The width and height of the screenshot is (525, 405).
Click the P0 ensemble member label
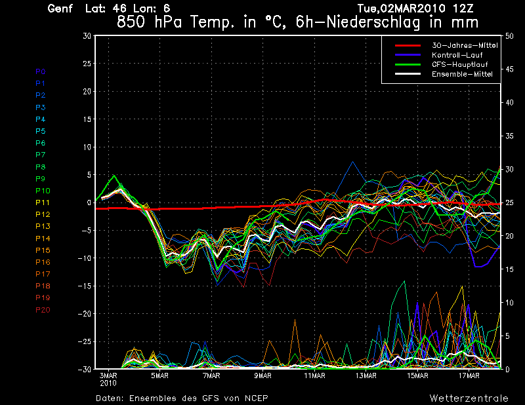[x=40, y=71]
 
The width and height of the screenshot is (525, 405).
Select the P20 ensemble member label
[x=43, y=310]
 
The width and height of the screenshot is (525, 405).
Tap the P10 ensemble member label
[x=43, y=191]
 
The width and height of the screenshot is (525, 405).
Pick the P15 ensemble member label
[x=43, y=250]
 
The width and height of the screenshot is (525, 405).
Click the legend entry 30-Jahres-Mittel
[x=462, y=45]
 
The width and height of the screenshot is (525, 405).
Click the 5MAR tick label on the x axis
[x=159, y=376]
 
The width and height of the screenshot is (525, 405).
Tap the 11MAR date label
[x=314, y=376]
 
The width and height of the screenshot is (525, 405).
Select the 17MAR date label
[x=470, y=376]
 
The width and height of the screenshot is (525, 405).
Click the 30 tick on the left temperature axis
[x=87, y=36]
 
